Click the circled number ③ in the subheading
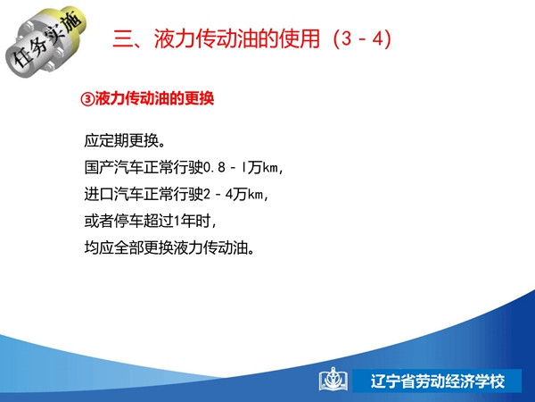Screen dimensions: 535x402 tap(87, 99)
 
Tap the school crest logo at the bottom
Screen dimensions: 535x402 tap(333, 380)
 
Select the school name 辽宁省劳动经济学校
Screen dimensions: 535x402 tap(438, 381)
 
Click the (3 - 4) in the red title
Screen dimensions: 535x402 tap(362, 38)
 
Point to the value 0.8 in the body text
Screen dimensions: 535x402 tap(215, 168)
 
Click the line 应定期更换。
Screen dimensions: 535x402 tap(125, 140)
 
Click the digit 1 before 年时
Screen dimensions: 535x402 tap(177, 222)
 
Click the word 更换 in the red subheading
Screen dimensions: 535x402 tap(199, 99)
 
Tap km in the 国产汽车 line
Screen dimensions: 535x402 tap(270, 168)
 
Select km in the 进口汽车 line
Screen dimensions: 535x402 tap(255, 195)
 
